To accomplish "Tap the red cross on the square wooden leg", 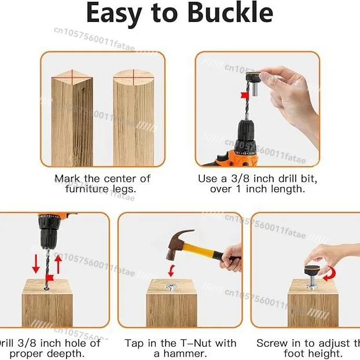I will (72, 74).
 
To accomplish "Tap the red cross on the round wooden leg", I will (133, 75).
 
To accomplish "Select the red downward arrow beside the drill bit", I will (36, 263).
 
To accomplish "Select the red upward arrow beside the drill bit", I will (58, 265).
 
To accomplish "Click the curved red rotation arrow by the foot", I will (329, 273).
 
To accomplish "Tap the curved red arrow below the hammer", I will (171, 270).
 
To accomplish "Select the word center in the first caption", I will (121, 178).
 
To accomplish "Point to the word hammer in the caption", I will (184, 354).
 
